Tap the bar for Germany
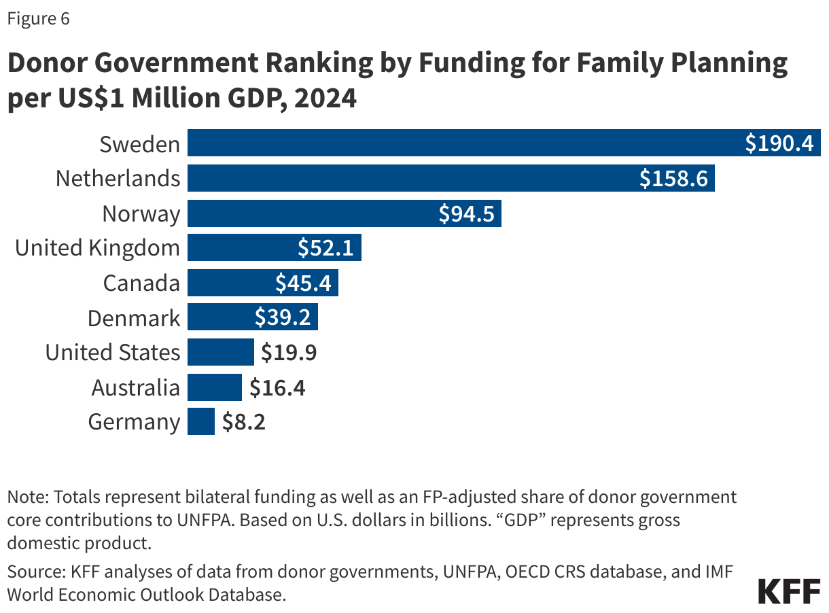tap(201, 422)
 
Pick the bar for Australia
tap(215, 387)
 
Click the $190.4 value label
tap(779, 144)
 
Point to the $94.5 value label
tap(467, 214)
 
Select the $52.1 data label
tap(325, 249)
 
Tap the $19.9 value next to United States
tap(289, 353)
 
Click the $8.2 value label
tap(243, 423)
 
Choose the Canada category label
tap(141, 283)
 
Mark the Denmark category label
tap(134, 318)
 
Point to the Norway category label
tap(141, 214)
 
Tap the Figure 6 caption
tap(38, 19)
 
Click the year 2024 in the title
tap(325, 99)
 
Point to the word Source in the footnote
tap(29, 572)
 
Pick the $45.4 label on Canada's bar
tap(303, 283)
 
